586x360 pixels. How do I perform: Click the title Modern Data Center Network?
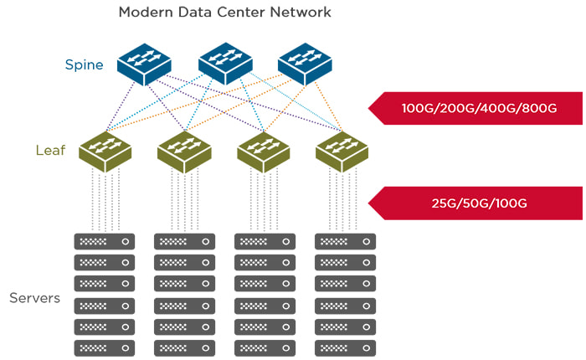click(224, 13)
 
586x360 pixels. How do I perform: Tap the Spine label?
click(85, 64)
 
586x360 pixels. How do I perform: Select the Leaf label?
click(50, 151)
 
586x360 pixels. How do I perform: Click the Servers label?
click(35, 298)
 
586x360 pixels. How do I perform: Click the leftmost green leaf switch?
click(105, 150)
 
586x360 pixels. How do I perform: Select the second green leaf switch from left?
click(184, 150)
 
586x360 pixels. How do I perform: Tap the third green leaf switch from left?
click(264, 150)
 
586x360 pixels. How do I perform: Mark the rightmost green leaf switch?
click(342, 150)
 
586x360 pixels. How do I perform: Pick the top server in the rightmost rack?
click(345, 241)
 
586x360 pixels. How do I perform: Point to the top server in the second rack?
click(185, 241)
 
